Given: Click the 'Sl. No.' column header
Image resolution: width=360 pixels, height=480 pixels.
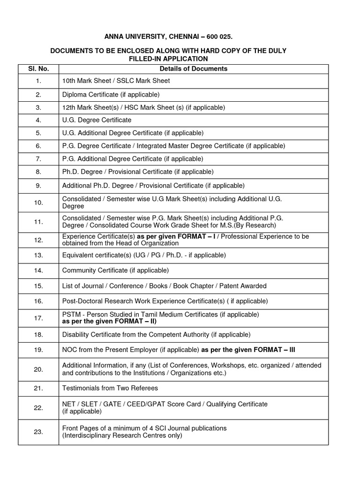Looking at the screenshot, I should pyautogui.click(x=38, y=69).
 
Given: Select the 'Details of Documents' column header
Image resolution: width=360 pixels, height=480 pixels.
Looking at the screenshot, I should pyautogui.click(x=193, y=69).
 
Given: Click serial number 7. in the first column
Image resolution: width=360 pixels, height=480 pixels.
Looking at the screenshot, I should pyautogui.click(x=38, y=159).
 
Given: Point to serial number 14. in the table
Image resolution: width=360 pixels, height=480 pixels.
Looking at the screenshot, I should pyautogui.click(x=38, y=270).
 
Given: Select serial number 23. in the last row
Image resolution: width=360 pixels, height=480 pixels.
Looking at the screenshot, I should pyautogui.click(x=38, y=432).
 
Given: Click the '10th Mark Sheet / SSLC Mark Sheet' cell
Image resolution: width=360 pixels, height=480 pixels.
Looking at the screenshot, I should pyautogui.click(x=116, y=81).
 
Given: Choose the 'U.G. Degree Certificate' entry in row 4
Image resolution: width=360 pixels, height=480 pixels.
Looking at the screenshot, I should pyautogui.click(x=97, y=120).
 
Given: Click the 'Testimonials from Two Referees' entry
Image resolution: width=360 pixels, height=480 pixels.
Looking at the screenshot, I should pyautogui.click(x=110, y=388).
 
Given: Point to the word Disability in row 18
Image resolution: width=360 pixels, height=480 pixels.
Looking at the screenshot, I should pyautogui.click(x=76, y=335).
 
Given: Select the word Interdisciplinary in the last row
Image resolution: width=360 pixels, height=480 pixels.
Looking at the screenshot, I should pyautogui.click(x=88, y=435).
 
